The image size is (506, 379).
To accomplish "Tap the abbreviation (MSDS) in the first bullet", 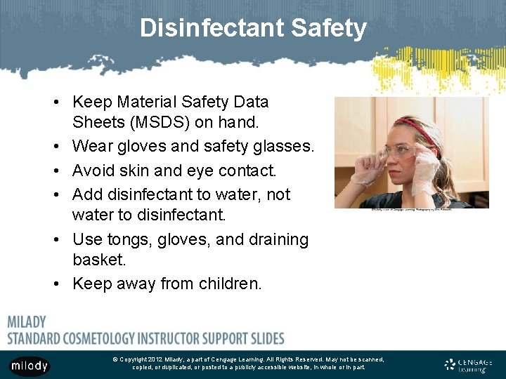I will (x=158, y=122).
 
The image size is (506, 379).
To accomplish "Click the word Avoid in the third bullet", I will (x=92, y=171).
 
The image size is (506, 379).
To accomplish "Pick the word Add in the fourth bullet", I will (x=86, y=194).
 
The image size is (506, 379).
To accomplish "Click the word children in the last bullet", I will (x=229, y=284).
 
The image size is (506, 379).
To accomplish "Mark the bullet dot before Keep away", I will (x=55, y=284).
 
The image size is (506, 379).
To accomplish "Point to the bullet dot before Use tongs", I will (x=55, y=240).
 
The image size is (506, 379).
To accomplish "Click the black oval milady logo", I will (x=30, y=366).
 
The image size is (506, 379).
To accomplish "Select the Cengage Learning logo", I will (x=468, y=364).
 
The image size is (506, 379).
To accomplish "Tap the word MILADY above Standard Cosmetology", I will (x=27, y=322).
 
